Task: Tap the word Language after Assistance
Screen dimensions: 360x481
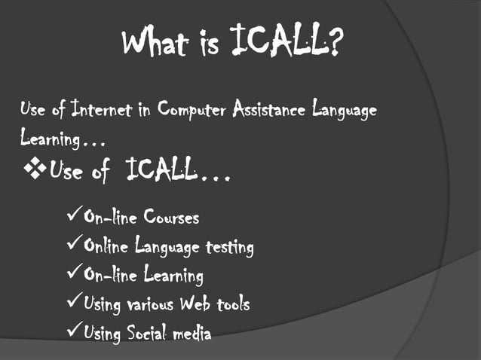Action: [343, 111]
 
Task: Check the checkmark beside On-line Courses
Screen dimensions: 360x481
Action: [74, 218]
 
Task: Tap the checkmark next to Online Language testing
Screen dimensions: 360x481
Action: [74, 246]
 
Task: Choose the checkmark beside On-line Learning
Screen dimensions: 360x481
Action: [74, 274]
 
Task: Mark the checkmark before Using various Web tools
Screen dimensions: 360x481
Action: [74, 303]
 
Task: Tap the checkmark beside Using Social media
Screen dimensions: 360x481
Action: [74, 331]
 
